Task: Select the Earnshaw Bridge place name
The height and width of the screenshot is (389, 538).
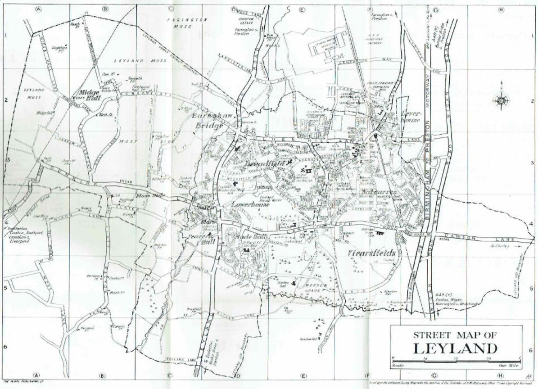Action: [x=208, y=120]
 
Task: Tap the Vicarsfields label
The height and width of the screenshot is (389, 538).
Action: [x=372, y=253]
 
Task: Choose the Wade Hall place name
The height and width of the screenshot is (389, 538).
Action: [x=245, y=237]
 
